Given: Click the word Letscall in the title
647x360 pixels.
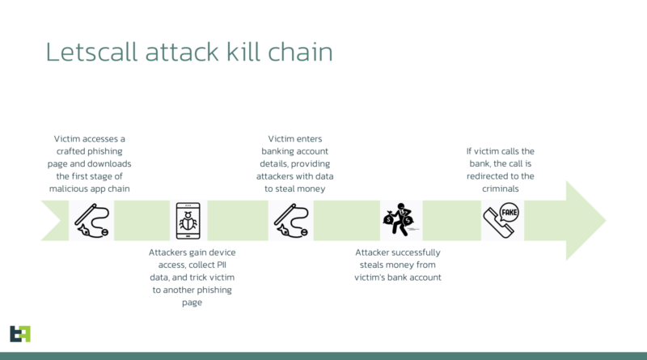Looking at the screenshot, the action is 91,52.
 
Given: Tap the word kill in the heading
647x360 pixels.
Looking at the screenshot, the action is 243,52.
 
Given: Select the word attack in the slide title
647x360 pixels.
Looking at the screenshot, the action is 181,52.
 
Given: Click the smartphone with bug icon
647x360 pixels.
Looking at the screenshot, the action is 188,221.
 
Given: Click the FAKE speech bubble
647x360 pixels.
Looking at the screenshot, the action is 510,213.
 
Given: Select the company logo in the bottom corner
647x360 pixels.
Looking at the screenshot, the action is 20,334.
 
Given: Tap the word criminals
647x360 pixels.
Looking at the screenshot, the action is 500,188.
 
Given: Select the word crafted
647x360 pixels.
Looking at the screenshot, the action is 69,151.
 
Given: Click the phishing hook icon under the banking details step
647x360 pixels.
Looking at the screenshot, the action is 291,221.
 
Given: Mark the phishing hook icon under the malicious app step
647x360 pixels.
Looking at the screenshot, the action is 91,221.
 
